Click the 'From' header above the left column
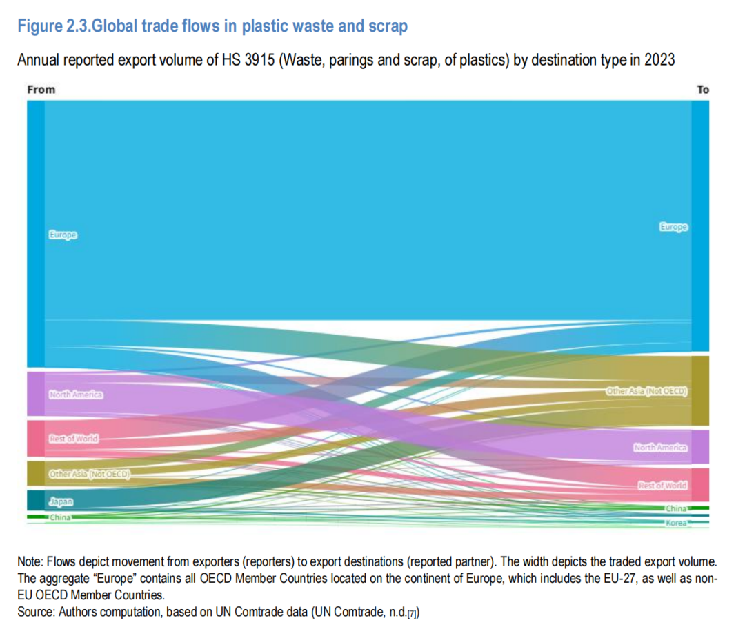(x=41, y=90)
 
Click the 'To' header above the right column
(x=703, y=90)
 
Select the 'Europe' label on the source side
(x=63, y=235)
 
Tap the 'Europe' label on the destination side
(x=673, y=227)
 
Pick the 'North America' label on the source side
(x=76, y=395)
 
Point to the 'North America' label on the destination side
(x=660, y=448)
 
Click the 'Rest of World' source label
(x=74, y=439)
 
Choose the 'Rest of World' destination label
(x=662, y=486)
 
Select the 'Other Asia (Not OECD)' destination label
(x=647, y=391)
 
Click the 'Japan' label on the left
(x=61, y=501)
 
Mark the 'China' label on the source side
(x=60, y=517)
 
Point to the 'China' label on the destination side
(x=676, y=508)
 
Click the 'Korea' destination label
(x=676, y=524)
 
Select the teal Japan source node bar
(x=36, y=500)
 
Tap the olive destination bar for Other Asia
(x=699, y=390)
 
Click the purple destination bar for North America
(x=699, y=447)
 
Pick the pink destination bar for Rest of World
(x=699, y=485)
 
